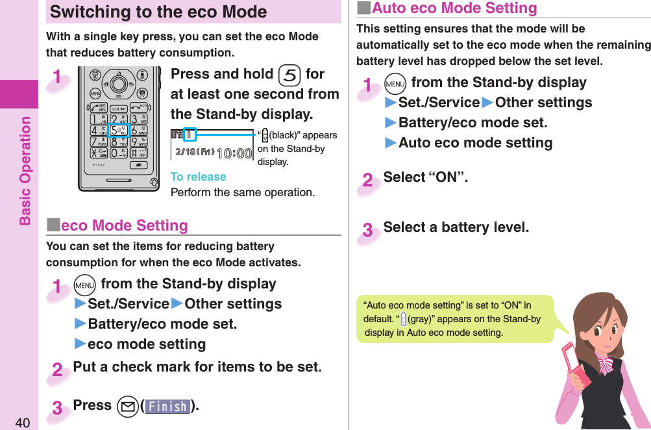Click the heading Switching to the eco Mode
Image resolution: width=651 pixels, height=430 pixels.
[x=158, y=12]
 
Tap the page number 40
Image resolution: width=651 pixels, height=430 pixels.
[x=23, y=423]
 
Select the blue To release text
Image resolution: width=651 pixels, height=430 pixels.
[x=198, y=177]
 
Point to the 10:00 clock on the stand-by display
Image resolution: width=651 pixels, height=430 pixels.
[x=234, y=154]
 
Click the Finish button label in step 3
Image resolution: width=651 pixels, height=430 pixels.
[x=168, y=407]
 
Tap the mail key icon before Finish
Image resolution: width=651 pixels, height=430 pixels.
[x=127, y=407]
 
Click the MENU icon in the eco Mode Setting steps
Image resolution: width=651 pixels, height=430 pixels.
[x=85, y=285]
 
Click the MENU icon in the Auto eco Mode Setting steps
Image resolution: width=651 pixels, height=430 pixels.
[x=395, y=83]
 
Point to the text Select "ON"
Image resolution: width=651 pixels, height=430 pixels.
[x=425, y=177]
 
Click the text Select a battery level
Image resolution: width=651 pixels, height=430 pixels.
[x=456, y=227]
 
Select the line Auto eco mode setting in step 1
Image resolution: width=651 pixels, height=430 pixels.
[x=475, y=143]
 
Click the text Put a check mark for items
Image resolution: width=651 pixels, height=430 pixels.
[x=197, y=367]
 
